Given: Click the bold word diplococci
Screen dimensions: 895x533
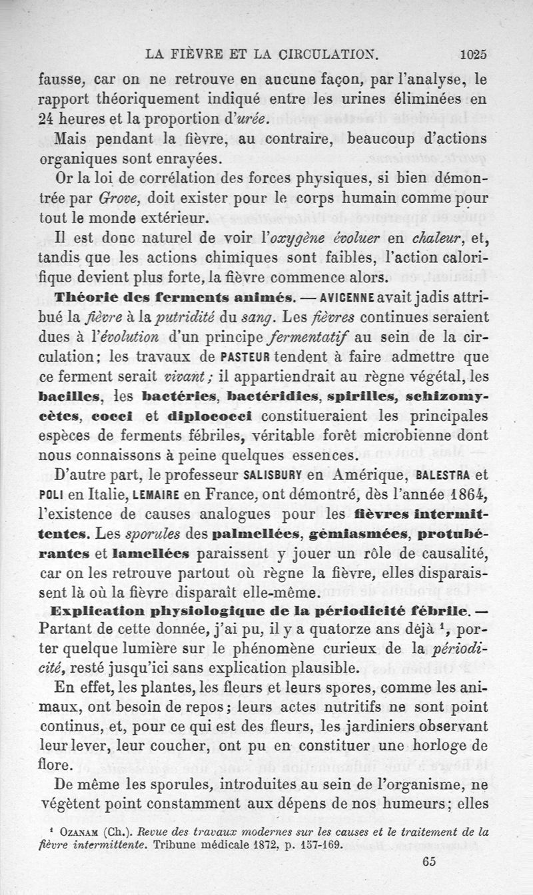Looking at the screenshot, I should pyautogui.click(x=209, y=416).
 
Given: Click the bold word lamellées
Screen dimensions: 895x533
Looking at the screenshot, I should pyautogui.click(x=151, y=555).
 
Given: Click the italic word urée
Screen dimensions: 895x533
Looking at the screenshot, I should pyautogui.click(x=232, y=120).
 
